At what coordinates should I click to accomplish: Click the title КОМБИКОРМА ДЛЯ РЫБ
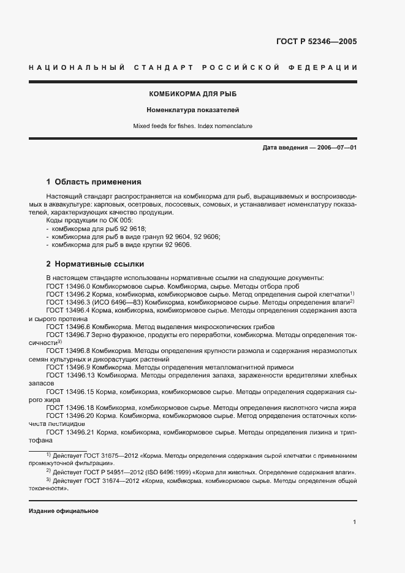pyautogui.click(x=192, y=94)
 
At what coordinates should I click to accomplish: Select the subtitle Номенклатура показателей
pyautogui.click(x=192, y=110)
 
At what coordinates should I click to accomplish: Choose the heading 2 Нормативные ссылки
pyautogui.click(x=95, y=264)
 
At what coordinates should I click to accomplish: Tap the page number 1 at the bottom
pyautogui.click(x=355, y=522)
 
